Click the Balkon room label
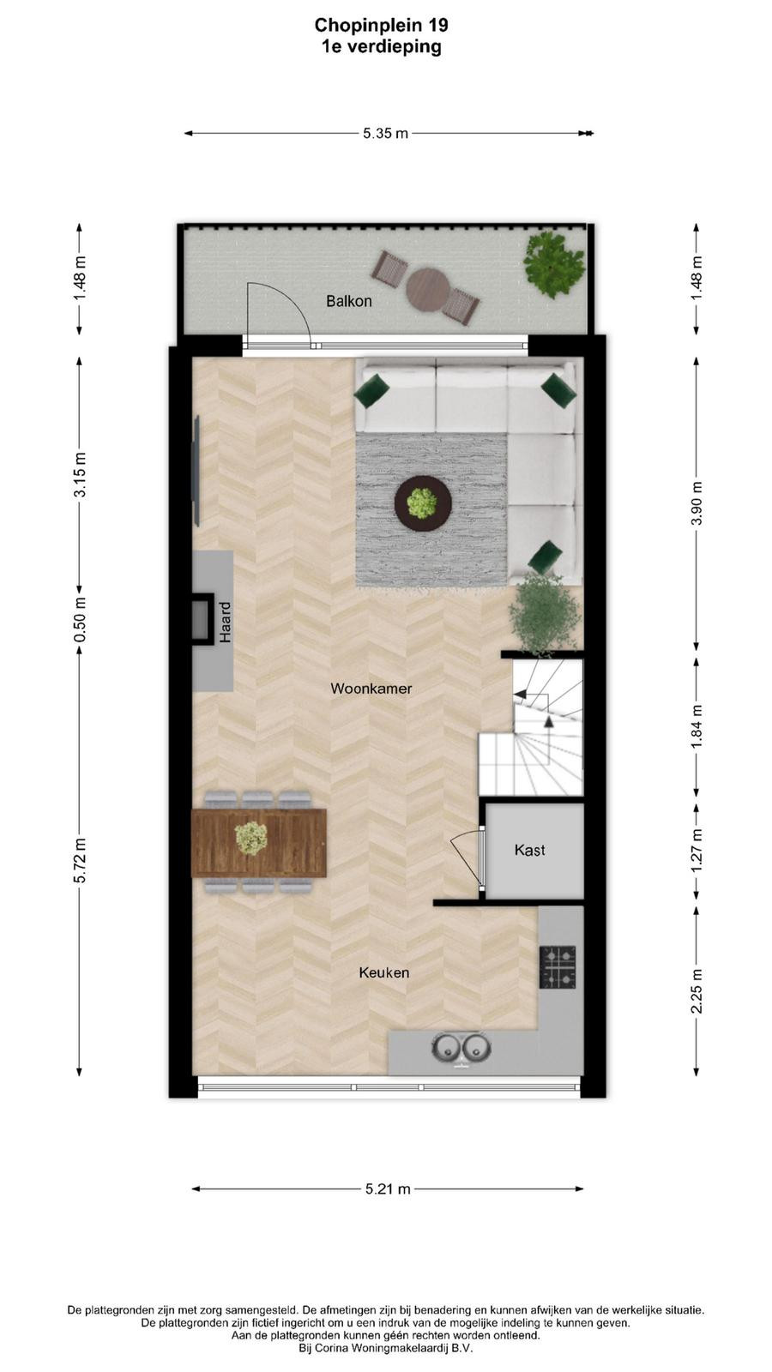348,301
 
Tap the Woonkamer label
371,689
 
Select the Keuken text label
384,972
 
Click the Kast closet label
530,850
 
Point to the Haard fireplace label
226,623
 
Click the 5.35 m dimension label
385,134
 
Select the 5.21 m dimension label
388,1188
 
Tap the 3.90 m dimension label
697,503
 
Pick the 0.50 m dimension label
80,620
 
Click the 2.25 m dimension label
697,991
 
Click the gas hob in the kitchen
558,967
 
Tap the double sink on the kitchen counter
461,1047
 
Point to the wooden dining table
259,842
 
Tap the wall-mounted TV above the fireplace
196,471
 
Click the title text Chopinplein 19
381,25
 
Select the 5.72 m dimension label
80,860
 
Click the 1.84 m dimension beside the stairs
697,726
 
